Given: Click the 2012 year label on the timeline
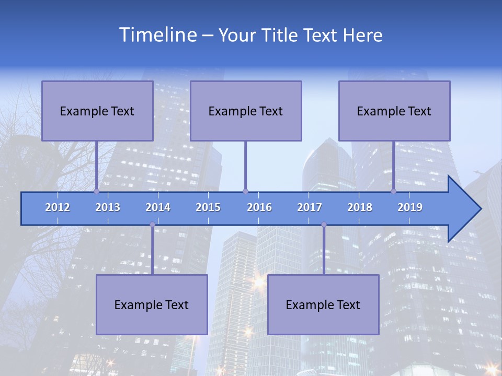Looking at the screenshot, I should (x=58, y=207).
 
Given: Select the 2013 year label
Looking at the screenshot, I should (x=108, y=207).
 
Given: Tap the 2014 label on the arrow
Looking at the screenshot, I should (x=158, y=207).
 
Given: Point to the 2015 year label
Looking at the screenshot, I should (x=208, y=207).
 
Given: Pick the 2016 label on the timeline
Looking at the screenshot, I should (x=259, y=207).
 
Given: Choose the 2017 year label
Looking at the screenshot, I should (x=310, y=207).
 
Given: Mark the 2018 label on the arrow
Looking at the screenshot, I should (x=360, y=207).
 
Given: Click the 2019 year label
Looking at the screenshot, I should (x=410, y=207).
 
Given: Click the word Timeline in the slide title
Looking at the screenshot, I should (x=157, y=35).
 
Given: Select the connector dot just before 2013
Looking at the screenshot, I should (x=96, y=191).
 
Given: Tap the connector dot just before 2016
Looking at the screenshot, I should (x=245, y=191).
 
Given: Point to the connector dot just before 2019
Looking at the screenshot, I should (x=394, y=191).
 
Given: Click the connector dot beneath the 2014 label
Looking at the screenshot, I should (x=152, y=225).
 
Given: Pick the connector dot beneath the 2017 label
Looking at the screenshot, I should (x=324, y=225).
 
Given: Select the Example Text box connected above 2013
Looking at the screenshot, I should (x=97, y=111).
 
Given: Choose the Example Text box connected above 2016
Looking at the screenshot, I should (x=246, y=111).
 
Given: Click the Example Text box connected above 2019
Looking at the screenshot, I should (x=394, y=111).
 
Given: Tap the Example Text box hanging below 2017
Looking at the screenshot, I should (x=323, y=304).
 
